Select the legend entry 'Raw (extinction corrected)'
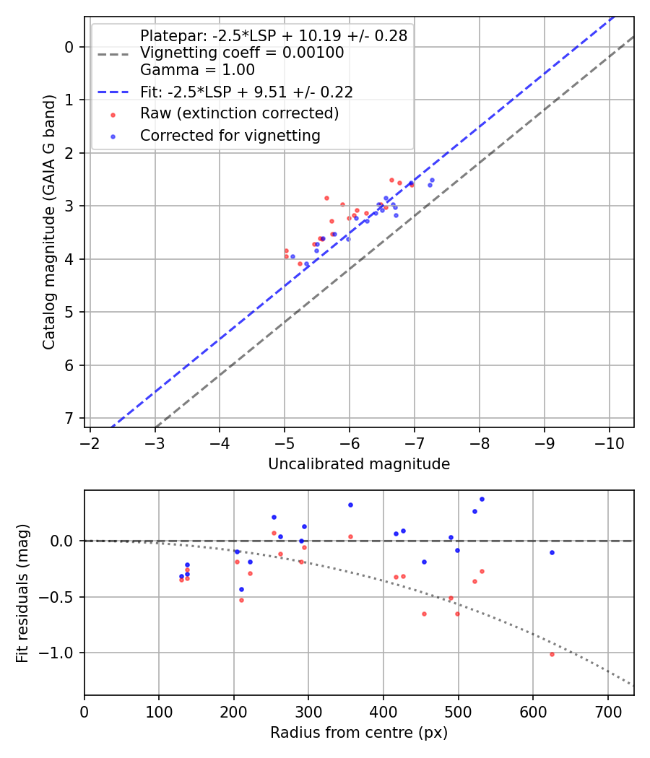click(239, 113)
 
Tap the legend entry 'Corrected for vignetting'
click(230, 135)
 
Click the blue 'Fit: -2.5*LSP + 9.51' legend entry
click(246, 92)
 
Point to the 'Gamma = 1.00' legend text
click(197, 70)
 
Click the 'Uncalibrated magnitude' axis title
click(359, 464)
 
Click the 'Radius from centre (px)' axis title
click(359, 733)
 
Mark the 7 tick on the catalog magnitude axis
click(70, 418)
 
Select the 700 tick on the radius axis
click(607, 710)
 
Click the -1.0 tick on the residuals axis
click(63, 653)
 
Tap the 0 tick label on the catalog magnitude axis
click(70, 47)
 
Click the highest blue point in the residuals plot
click(482, 499)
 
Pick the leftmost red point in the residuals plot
click(181, 579)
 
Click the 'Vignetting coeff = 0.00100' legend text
click(242, 53)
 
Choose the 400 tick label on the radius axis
click(383, 710)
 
